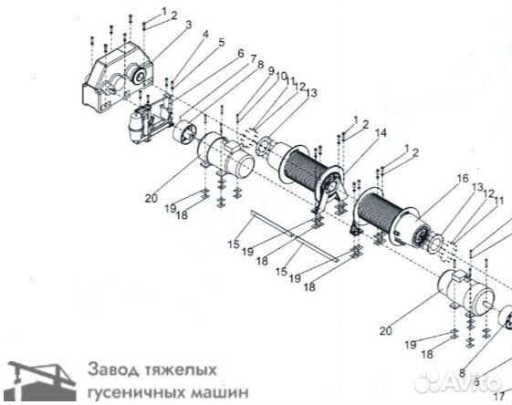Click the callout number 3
188,25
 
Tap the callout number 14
380,133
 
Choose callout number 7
251,57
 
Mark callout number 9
270,71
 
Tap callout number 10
282,77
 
